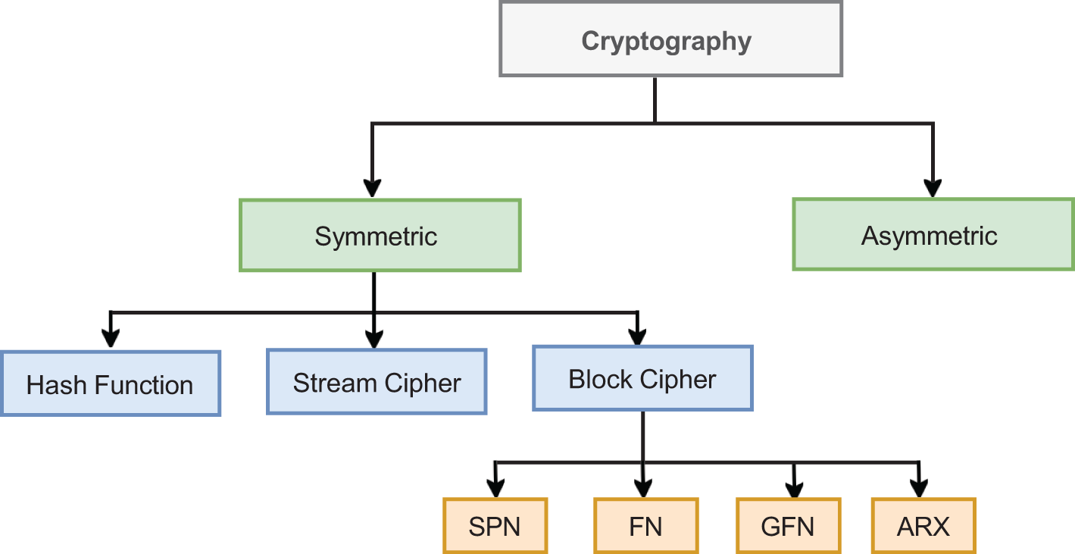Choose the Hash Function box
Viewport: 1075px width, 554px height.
111,383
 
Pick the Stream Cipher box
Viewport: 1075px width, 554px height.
377,382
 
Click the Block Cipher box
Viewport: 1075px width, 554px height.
642,378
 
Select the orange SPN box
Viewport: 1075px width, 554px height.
495,526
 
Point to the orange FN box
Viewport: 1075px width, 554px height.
645,526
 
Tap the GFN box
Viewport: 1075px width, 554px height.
789,526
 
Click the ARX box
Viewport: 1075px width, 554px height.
923,526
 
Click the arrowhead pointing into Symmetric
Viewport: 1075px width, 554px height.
372,187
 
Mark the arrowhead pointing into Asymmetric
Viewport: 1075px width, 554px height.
933,187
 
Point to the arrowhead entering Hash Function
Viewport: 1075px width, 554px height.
111,337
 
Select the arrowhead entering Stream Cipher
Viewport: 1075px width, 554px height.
373,337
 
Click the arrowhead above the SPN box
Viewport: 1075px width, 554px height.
495,486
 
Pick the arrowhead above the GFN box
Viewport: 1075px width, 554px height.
794,486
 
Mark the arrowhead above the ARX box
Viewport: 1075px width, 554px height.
919,486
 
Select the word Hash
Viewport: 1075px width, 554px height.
53,385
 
